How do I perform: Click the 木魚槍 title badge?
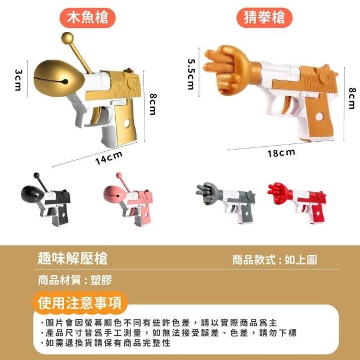[x=88, y=17]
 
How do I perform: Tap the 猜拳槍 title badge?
[x=264, y=17]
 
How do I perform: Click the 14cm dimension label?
[x=109, y=158]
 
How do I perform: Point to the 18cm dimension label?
[x=281, y=153]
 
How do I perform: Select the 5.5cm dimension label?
[x=191, y=74]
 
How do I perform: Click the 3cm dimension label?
[x=18, y=80]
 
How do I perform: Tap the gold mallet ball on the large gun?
[x=67, y=38]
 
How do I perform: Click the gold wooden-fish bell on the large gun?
[x=59, y=78]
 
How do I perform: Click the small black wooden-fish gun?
[x=46, y=199]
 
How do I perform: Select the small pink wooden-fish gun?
[x=128, y=199]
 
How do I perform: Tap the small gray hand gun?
[x=226, y=202]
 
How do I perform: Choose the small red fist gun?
[x=297, y=202]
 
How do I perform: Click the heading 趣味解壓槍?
[x=73, y=259]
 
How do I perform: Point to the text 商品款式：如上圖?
[x=274, y=260]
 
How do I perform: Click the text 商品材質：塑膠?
[x=75, y=280]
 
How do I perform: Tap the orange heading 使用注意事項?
[x=80, y=303]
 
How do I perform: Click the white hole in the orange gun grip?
[x=319, y=116]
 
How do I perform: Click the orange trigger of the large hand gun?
[x=286, y=105]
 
